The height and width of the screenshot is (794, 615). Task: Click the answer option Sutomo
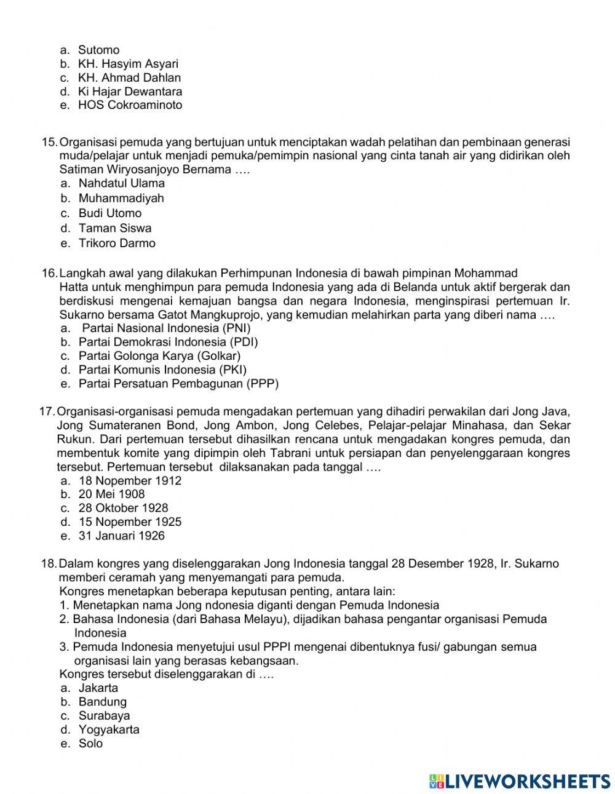coord(98,50)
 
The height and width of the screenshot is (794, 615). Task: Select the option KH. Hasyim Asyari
coord(127,64)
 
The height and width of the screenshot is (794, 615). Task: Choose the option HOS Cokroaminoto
coord(130,105)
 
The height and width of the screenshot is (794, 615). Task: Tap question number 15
coord(49,141)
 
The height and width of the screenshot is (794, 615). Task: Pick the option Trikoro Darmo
coord(117,243)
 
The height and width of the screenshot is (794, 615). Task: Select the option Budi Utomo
coord(109,213)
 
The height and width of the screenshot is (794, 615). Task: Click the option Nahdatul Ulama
coord(121,183)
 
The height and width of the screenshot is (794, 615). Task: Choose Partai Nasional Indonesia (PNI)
coord(166,328)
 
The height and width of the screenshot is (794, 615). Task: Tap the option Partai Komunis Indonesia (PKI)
coord(162,370)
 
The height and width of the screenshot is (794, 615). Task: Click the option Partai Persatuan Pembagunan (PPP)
coord(178,384)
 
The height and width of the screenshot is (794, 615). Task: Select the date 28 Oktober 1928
coord(123,508)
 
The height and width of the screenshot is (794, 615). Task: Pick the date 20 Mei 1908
coord(111,494)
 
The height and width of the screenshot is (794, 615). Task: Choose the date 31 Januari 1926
coord(121,536)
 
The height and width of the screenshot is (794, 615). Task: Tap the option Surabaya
coord(104,716)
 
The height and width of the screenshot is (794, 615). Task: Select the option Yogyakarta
coord(109,730)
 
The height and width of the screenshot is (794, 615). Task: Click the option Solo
coord(90,744)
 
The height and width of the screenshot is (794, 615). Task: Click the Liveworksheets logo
coord(520,781)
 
